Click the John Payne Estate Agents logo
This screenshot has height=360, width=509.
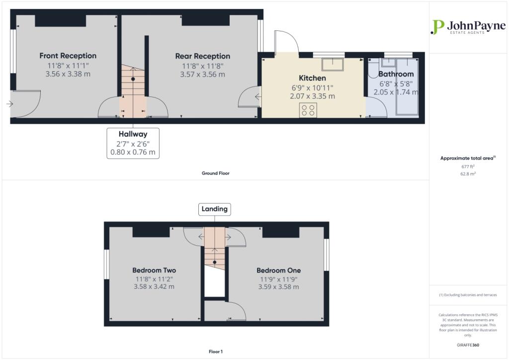[468, 27]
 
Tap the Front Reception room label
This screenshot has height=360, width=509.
[68, 56]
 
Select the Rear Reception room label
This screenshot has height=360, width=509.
[202, 56]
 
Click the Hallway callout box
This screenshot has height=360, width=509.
[133, 143]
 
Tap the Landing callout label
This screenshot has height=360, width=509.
[215, 209]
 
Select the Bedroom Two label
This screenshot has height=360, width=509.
[154, 270]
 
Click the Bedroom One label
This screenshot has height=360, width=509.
[278, 270]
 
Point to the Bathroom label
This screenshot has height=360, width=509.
[396, 74]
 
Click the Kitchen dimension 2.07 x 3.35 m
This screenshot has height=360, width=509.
[312, 96]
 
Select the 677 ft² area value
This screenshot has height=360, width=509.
[468, 167]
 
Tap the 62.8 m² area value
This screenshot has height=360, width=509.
[468, 175]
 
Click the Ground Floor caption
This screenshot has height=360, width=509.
[215, 174]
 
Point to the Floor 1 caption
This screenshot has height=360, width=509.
[215, 352]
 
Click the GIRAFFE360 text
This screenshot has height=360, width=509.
[468, 345]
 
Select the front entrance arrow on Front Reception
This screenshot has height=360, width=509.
[10, 104]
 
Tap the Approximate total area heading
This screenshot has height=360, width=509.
[467, 158]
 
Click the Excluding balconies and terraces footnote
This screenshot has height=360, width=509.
[468, 295]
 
